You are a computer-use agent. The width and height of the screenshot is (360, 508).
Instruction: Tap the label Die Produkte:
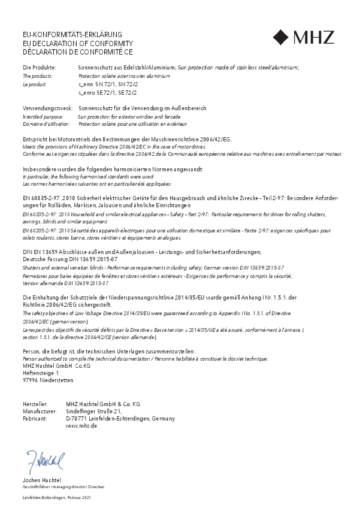coord(40,68)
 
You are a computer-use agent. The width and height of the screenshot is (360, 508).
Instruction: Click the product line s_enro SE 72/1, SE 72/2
coord(108,93)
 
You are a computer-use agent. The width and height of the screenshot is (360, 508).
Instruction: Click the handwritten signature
coord(45,462)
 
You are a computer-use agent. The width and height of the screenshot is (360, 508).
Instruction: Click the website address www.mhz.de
coord(81,425)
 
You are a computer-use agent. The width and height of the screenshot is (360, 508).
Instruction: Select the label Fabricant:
coord(35,419)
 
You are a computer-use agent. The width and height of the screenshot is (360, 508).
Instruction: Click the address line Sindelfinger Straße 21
coord(94,411)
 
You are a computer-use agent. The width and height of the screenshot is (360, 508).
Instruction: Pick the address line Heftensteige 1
coord(41,373)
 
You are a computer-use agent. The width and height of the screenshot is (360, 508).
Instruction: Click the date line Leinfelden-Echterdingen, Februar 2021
coord(56,498)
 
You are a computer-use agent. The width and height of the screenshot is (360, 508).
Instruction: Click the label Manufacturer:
coord(39,412)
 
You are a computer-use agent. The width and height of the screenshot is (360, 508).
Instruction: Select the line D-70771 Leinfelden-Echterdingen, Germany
coord(120,419)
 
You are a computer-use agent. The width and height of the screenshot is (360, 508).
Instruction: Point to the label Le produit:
coord(34,85)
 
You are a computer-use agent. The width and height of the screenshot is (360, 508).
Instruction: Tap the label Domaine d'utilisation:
coord(46,123)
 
